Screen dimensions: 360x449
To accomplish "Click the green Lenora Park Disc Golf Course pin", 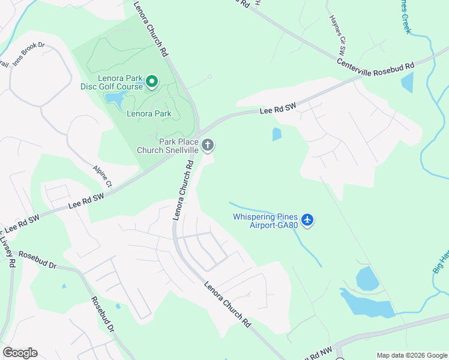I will (x=152, y=80).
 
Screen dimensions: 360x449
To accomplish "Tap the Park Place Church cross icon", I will (x=208, y=145).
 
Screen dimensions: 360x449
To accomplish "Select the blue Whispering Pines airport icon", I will (x=308, y=220).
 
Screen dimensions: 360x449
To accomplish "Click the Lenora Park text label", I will (x=149, y=113).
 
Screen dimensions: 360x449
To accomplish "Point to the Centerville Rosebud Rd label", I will (x=376, y=64).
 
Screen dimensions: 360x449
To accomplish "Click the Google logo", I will (x=20, y=353).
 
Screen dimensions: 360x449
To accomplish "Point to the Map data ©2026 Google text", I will (x=411, y=355).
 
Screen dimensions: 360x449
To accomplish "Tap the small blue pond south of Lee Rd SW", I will (x=277, y=134).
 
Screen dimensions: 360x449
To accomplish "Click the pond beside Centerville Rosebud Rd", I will (x=407, y=82).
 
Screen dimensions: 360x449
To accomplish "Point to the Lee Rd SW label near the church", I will (x=278, y=109).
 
